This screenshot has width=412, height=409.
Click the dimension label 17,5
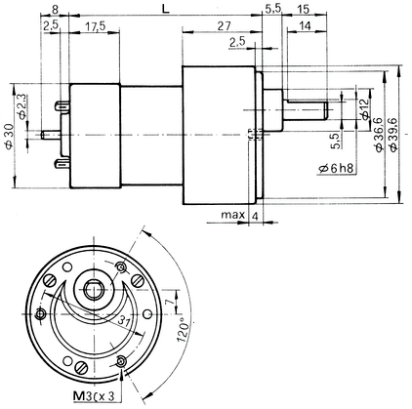coord(96,26)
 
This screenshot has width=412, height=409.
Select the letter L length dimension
coord(166,10)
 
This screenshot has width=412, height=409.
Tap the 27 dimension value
coord(224,26)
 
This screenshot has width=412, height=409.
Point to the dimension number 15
coord(303,10)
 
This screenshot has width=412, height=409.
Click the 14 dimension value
coord(305,26)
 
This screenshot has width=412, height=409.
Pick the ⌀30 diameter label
coord(9,137)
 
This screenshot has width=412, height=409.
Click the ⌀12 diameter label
coord(365,108)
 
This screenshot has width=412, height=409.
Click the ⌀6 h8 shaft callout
coord(336,169)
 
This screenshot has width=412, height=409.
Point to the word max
coord(232,215)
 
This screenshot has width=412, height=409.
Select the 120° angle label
coord(183,329)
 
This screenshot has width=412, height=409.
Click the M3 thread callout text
coord(94,396)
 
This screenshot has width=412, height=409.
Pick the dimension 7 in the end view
coord(168,302)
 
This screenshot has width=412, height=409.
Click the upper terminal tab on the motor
coord(62,106)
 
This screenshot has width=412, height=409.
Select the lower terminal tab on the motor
coord(62,163)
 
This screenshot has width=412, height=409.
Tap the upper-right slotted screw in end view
coord(138,280)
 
